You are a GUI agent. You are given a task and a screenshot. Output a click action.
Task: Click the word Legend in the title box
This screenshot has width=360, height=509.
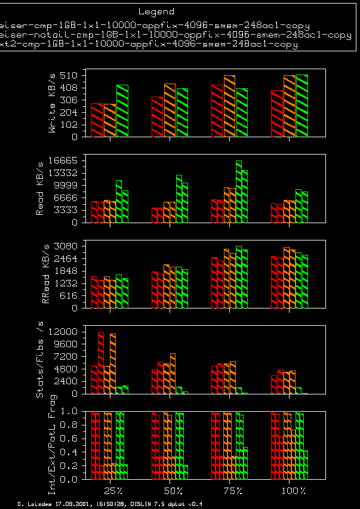156,11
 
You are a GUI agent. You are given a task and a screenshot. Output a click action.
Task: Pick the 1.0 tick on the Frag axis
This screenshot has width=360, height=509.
71,411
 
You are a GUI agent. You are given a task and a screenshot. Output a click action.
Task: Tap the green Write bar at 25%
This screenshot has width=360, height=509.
122,111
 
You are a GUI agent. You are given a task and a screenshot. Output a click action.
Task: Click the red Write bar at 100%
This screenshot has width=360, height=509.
277,113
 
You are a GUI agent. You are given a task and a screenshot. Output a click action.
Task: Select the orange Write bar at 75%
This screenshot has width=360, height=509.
229,106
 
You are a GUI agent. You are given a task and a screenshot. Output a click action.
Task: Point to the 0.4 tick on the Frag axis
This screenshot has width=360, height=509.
71,452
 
